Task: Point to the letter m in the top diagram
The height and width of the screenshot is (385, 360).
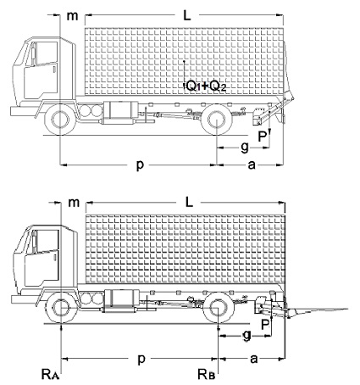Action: (x=72, y=14)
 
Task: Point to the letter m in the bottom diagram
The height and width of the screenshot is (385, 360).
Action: (x=73, y=203)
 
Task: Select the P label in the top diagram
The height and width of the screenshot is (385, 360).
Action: (x=263, y=134)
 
